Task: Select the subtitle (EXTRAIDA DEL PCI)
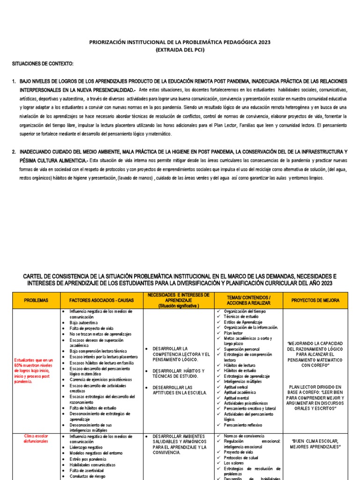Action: pos(180,50)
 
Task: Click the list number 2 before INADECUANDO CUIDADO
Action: pos(14,152)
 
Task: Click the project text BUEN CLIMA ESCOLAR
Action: pos(316,444)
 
